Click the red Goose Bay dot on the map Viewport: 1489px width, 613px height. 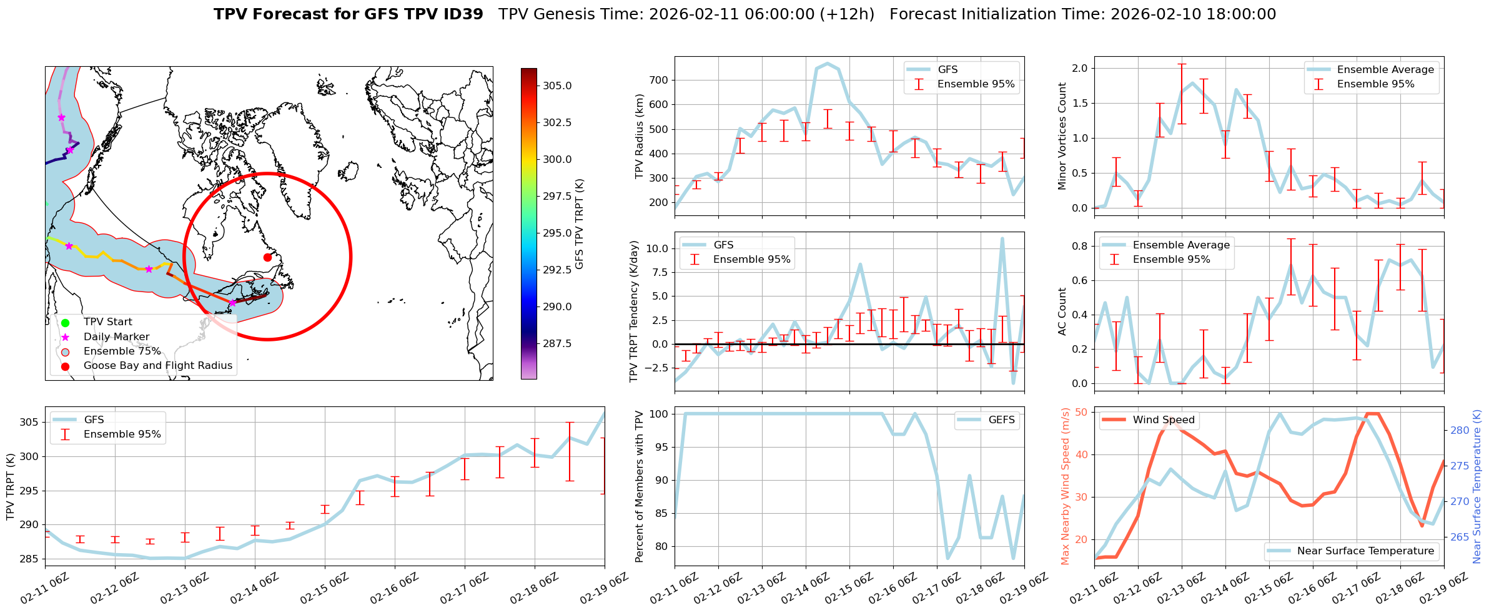coord(267,257)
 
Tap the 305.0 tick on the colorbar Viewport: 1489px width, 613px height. coord(557,86)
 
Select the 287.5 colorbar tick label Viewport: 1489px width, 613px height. coord(557,343)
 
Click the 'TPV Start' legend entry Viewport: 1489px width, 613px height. coord(107,322)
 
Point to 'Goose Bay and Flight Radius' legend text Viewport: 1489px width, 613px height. coord(157,366)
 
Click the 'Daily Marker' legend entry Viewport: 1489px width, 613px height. coord(116,337)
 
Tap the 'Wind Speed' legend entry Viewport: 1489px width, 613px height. coord(1163,420)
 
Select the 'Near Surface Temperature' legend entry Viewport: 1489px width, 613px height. coord(1365,551)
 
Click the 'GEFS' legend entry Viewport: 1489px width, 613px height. coord(1001,420)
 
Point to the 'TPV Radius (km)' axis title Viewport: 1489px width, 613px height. coord(639,136)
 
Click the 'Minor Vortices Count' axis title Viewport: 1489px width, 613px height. coord(1062,136)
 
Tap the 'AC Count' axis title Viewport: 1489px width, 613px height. coord(1062,311)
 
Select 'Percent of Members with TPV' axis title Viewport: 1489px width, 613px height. coord(639,486)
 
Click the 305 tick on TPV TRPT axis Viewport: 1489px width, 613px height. coord(29,422)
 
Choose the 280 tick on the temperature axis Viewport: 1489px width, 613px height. coord(1460,430)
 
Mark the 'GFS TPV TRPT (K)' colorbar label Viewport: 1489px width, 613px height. coord(580,223)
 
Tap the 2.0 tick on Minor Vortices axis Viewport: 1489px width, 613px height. coord(1079,68)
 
